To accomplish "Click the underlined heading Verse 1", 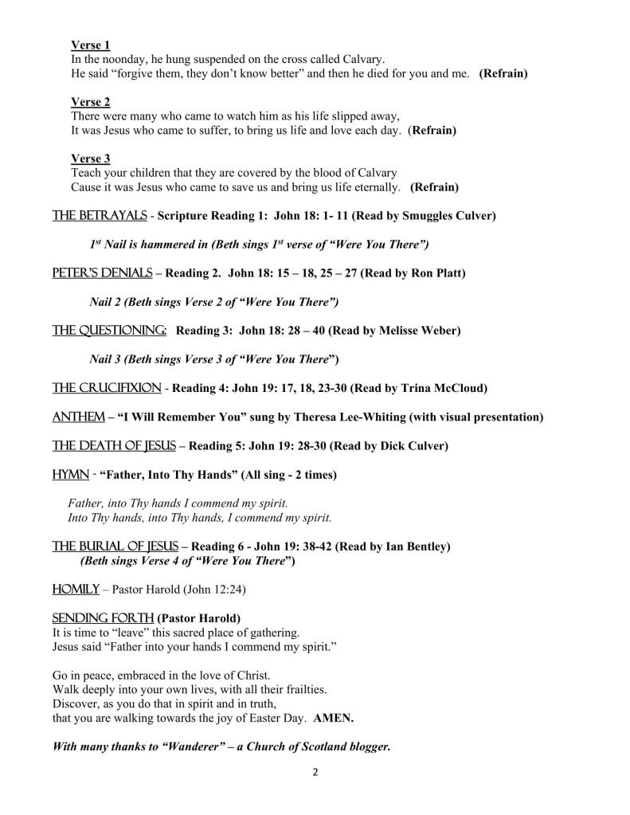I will (90, 45).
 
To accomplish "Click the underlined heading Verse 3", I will (90, 159).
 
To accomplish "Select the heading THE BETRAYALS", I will (99, 216).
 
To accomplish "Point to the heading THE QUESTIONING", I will (109, 330).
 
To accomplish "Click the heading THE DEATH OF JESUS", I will (114, 446).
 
